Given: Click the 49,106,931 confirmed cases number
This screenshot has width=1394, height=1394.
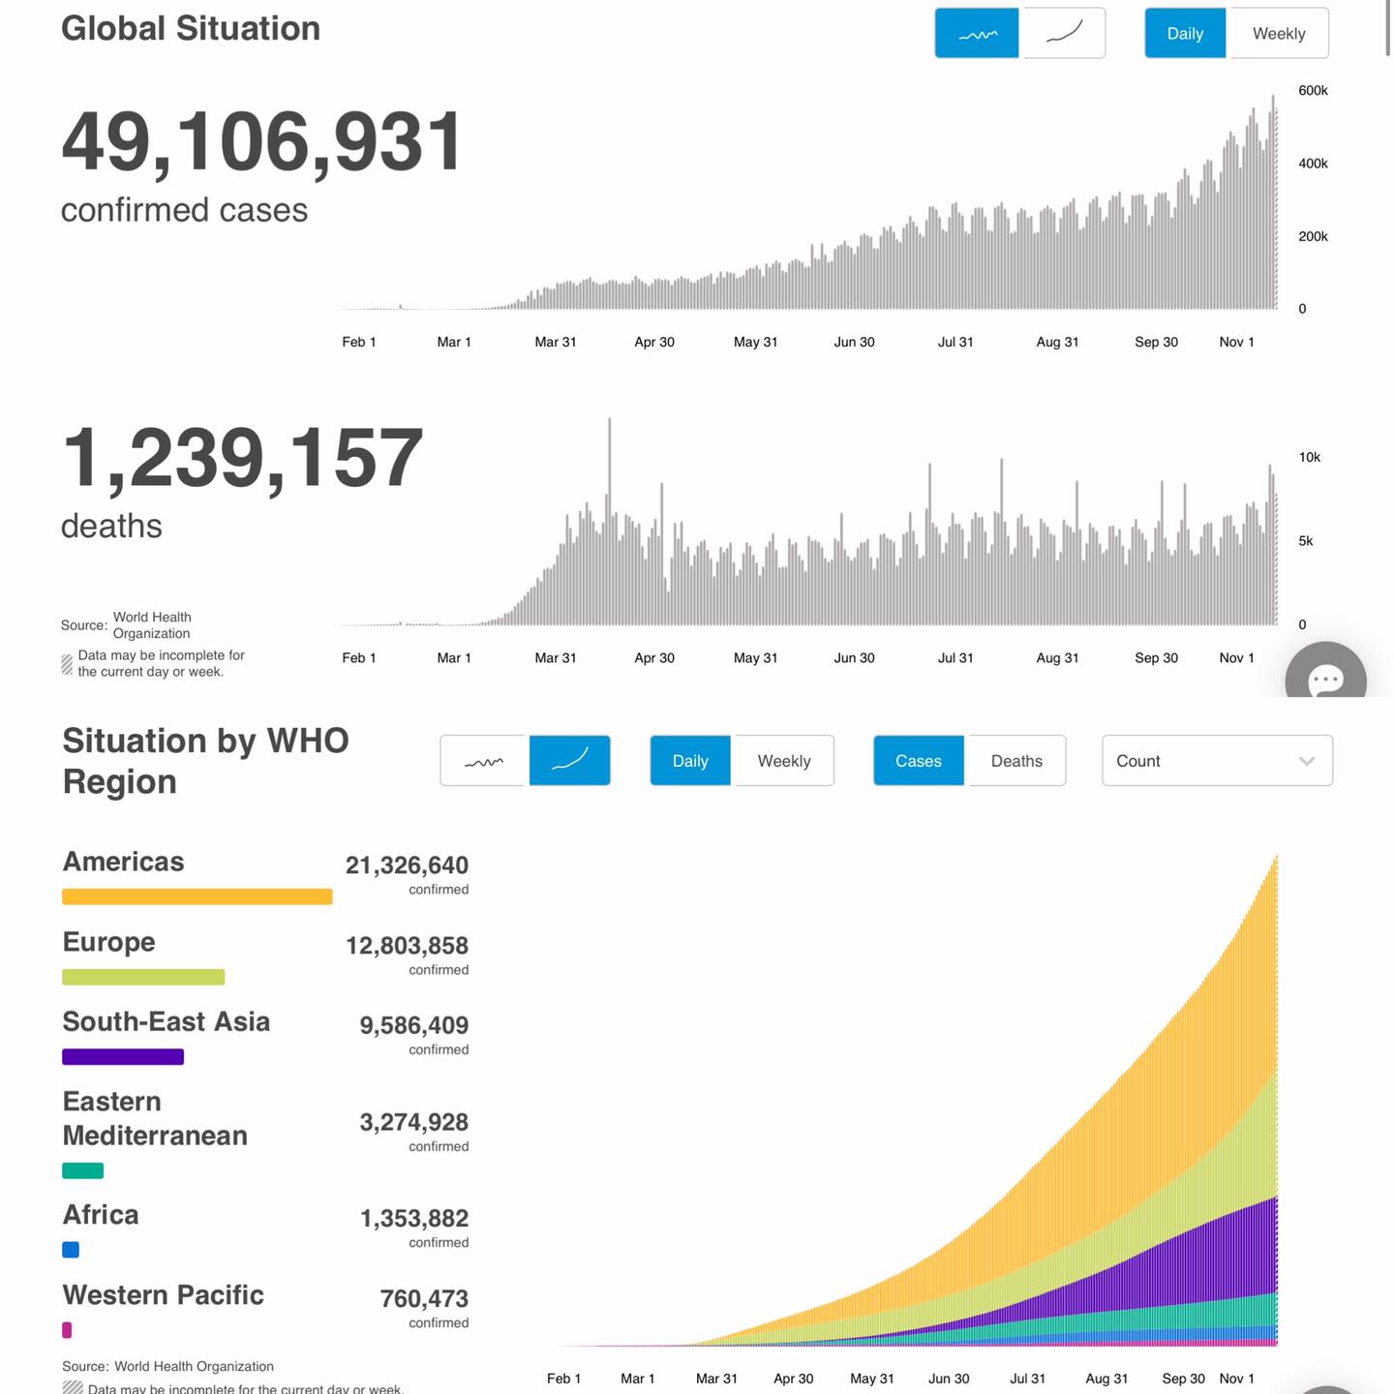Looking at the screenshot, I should (262, 142).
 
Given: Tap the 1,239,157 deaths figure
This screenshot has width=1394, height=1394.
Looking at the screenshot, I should (242, 458).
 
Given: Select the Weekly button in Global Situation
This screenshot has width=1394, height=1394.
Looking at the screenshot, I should (1278, 34).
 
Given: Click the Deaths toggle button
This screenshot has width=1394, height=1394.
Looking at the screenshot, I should (1016, 761).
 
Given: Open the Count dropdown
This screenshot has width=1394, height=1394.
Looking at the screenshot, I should (1216, 761).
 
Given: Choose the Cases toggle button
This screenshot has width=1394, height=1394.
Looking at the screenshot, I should (918, 761).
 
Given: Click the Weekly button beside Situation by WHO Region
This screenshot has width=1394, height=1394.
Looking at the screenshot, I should (783, 761).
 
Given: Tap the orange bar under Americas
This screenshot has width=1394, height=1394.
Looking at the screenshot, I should (197, 896).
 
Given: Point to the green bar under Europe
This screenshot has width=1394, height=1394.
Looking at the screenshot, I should (143, 977).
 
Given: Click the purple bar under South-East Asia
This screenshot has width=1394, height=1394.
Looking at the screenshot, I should (123, 1057).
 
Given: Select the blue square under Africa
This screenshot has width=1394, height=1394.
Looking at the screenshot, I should (71, 1250).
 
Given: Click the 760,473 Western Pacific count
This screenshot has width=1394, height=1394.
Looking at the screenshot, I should (424, 1298).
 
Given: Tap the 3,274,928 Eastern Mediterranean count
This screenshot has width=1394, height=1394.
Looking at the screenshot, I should (413, 1122).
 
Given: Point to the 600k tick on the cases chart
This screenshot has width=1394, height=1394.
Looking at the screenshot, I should (1313, 91).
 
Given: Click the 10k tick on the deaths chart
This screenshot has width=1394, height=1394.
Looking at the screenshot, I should (1309, 457).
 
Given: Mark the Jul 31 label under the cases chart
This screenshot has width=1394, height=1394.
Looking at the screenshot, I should (955, 342).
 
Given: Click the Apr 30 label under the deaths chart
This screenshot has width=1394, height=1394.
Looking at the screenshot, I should (653, 658).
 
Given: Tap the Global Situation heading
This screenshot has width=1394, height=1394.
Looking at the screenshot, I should (191, 29).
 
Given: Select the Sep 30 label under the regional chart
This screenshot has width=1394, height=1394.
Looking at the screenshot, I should (1182, 1379).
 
